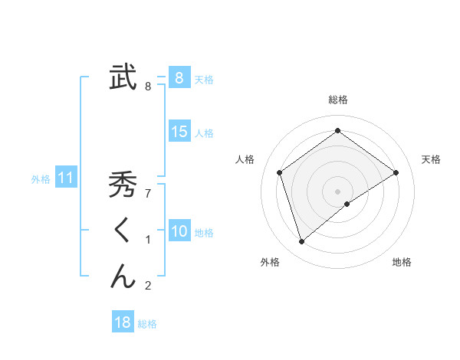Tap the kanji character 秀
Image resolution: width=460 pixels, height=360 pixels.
pos(123,186)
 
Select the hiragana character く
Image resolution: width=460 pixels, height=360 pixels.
pos(123,231)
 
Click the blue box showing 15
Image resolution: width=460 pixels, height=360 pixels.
pos(179,132)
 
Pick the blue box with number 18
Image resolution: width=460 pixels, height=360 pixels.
pos(123,322)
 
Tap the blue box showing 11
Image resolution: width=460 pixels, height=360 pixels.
pos(66,178)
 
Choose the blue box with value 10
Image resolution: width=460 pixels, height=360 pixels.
pos(179,231)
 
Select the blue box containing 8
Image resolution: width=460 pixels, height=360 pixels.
pos(179,77)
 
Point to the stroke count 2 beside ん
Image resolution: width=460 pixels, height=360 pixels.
pos(148,286)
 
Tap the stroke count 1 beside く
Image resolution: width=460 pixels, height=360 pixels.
pos(148,241)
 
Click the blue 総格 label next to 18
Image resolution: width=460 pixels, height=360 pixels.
pos(147,324)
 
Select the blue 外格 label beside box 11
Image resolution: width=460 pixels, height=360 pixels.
pos(41,179)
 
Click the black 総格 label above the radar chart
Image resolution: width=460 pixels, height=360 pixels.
pos(337,100)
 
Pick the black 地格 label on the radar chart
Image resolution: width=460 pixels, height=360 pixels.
pos(402,262)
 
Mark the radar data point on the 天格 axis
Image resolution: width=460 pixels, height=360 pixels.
pos(396,172)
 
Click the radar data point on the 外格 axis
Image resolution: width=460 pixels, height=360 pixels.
pos(302,242)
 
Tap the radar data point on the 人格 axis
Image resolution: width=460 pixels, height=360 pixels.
pos(280,172)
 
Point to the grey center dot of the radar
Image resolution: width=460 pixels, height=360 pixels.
pos(337,191)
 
